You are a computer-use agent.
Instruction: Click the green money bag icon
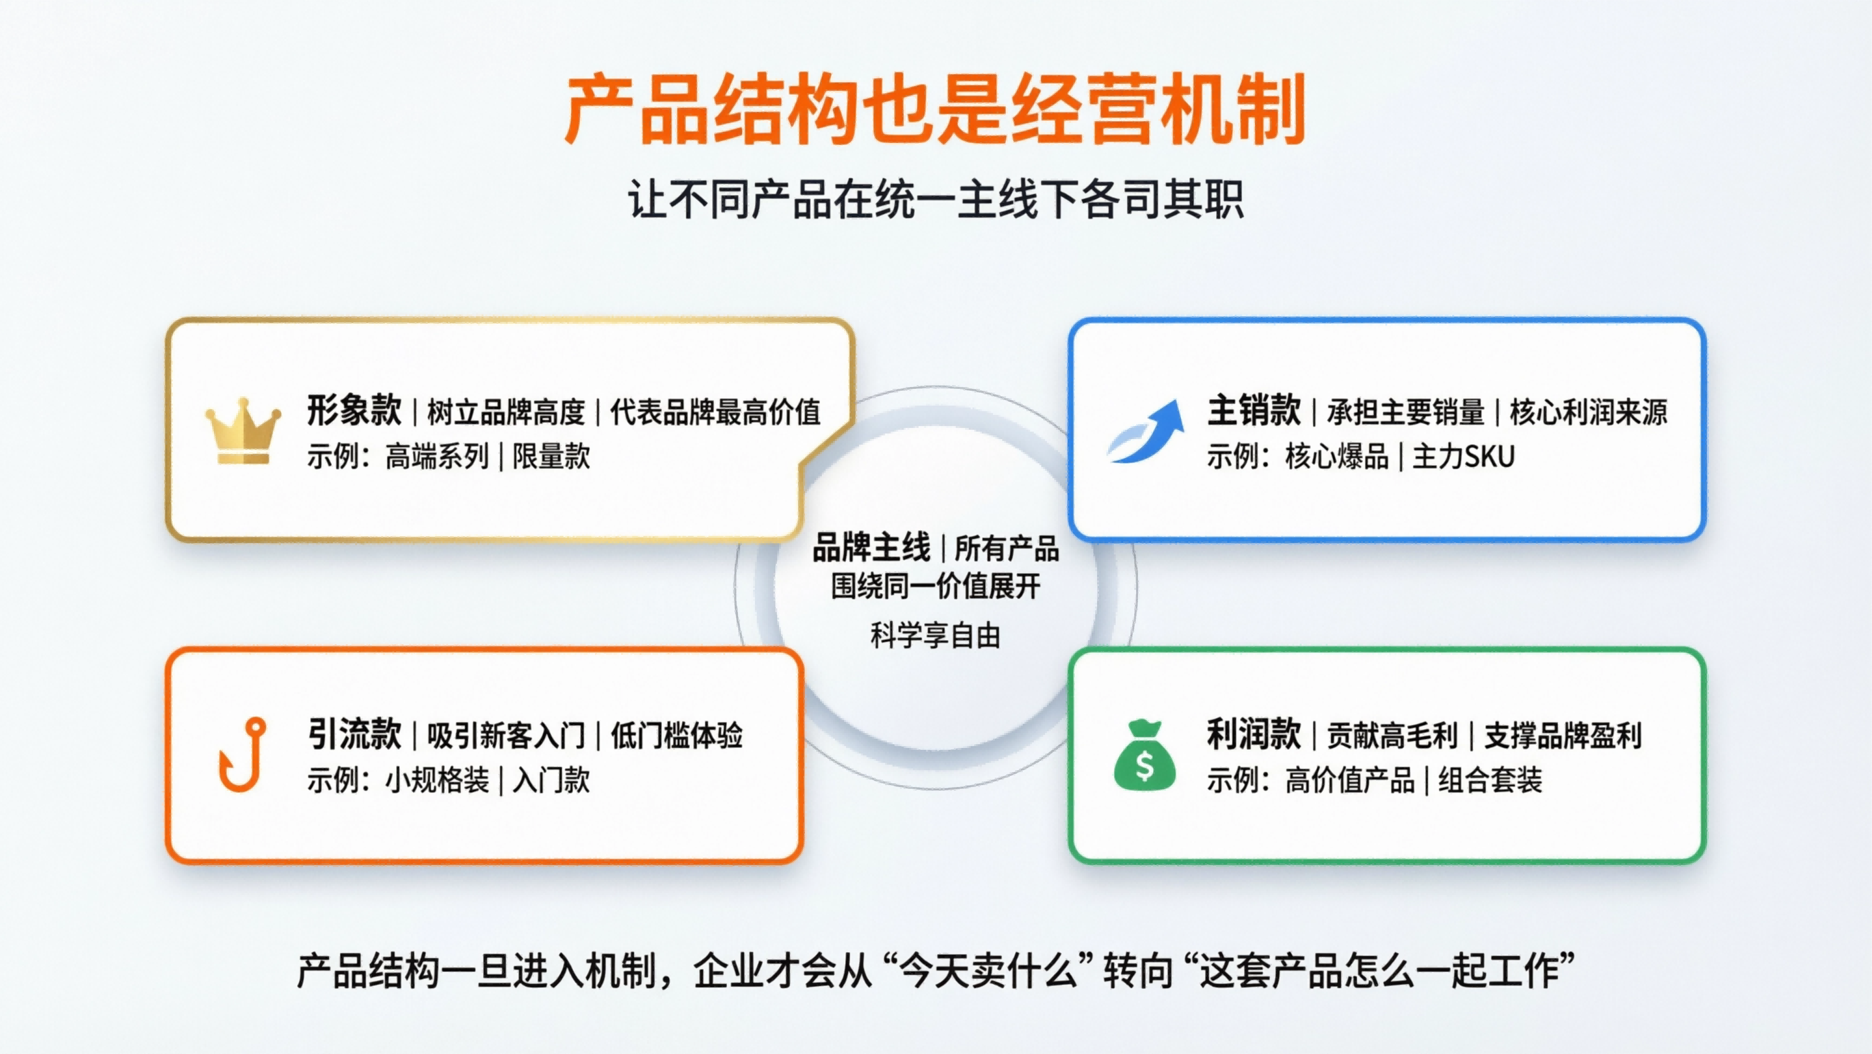pos(1144,755)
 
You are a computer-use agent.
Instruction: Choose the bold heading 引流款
pos(354,734)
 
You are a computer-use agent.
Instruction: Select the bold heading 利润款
pos(1254,734)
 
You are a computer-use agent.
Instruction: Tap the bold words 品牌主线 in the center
pos(871,547)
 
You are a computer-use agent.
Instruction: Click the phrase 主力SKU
pos(1463,456)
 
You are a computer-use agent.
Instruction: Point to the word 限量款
pos(552,456)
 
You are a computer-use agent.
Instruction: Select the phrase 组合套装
pos(1490,780)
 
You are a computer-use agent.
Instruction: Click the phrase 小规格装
pos(437,780)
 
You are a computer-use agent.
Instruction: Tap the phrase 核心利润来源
pos(1588,412)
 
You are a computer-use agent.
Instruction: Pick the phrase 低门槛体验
pos(676,736)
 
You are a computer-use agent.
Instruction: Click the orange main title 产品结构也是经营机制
pos(935,109)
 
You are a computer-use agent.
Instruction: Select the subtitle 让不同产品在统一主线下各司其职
pos(935,199)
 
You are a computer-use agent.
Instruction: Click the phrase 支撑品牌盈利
pos(1562,736)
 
